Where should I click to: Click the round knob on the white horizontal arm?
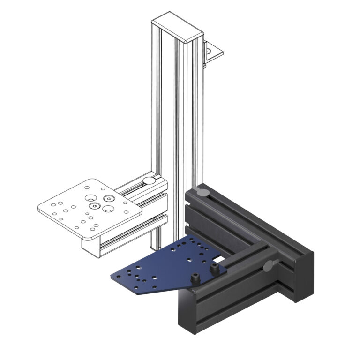coord(148,180)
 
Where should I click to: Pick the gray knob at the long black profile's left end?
coord(202,191)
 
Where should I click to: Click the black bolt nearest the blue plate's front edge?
coord(195,279)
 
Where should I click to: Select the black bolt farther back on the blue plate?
coord(215,269)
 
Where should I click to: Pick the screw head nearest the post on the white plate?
coord(109,198)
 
